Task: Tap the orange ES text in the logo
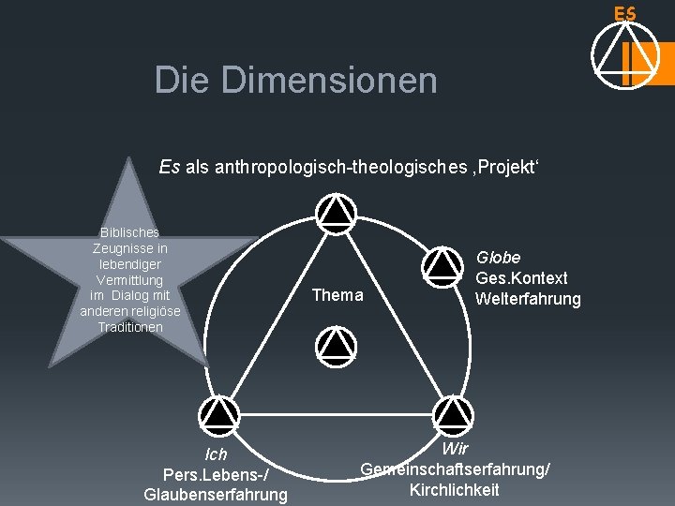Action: tap(625, 14)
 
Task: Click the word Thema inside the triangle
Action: tap(337, 295)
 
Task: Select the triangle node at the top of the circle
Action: tap(334, 212)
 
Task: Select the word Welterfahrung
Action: tap(528, 299)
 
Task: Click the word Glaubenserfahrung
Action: tap(216, 494)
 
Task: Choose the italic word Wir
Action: tap(455, 449)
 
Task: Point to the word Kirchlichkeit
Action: tap(455, 489)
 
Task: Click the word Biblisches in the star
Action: tap(129, 231)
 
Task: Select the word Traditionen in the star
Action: tap(130, 327)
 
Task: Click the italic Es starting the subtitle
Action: tap(170, 168)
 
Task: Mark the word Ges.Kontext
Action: tap(521, 278)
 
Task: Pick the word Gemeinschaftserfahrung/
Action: tap(456, 469)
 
